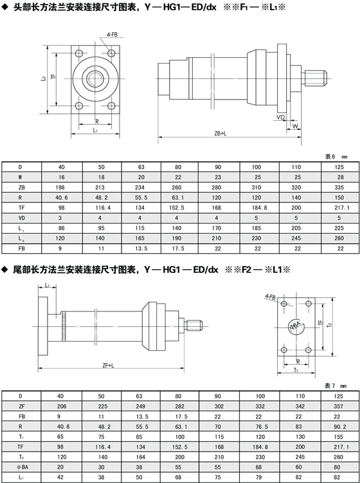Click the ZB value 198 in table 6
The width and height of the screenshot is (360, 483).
[60, 188]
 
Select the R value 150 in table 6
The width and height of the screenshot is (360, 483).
[339, 197]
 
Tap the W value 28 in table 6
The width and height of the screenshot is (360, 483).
[339, 177]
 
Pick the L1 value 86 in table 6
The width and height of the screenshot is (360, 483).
[60, 228]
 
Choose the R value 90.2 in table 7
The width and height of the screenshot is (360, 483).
[339, 426]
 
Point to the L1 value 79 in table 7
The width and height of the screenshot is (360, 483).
[258, 477]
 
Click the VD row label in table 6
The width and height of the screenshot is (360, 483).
[21, 218]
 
